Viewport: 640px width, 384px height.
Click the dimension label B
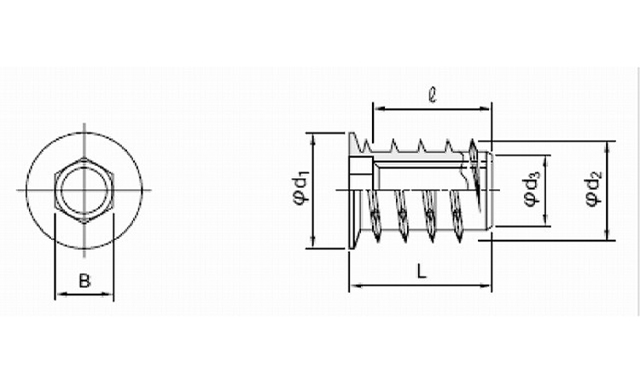84,281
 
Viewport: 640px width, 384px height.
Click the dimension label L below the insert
422,271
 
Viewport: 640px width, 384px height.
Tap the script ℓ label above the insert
433,95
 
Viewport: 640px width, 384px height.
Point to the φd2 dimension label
594,189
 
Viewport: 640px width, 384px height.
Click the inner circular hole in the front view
84,190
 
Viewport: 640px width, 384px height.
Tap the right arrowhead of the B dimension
108,294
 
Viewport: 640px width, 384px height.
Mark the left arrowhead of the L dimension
355,286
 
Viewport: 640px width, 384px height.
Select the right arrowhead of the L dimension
486,286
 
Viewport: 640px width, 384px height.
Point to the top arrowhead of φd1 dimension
313,139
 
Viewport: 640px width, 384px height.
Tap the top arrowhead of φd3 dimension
545,160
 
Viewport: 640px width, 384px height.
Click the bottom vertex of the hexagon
84,224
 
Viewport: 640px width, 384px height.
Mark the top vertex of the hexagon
84,158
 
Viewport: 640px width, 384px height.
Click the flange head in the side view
354,190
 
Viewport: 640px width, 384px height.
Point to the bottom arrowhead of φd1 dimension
313,242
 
